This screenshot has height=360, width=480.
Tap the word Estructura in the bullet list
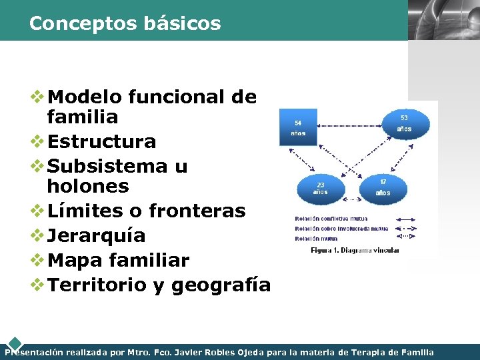click(x=102, y=141)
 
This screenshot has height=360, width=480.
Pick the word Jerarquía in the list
click(x=97, y=235)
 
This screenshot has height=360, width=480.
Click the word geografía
click(x=221, y=285)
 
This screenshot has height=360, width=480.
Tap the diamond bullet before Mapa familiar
click(x=39, y=260)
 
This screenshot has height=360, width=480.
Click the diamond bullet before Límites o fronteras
click(x=39, y=211)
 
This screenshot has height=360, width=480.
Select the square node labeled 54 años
click(x=297, y=127)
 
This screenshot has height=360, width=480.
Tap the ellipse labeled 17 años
click(x=383, y=187)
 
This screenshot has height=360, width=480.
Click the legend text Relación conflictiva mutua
click(x=331, y=219)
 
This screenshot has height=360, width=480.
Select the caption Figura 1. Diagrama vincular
click(x=355, y=251)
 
